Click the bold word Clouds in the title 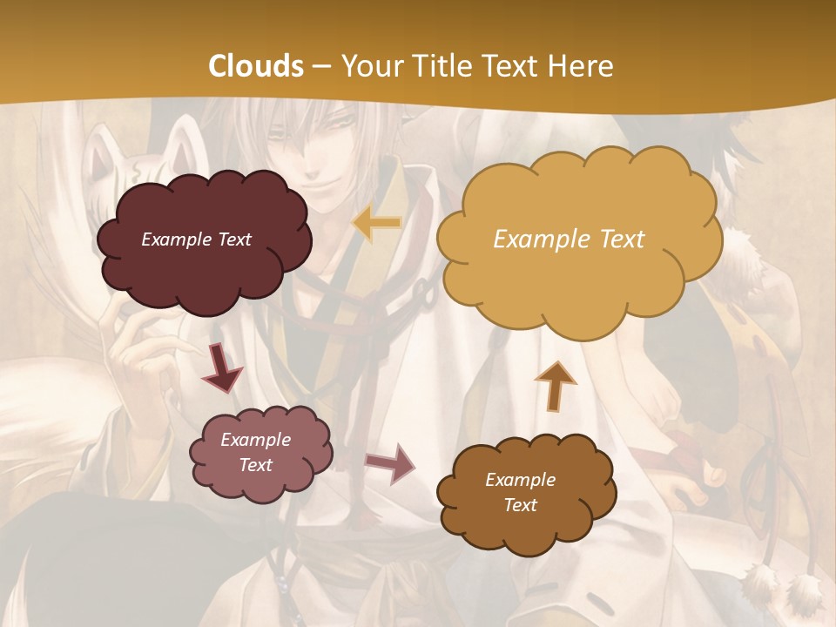coord(256,66)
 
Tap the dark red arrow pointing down coord(221,368)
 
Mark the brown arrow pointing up coord(556,385)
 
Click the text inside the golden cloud coord(569,239)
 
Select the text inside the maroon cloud coord(196,239)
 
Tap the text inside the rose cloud coord(255,452)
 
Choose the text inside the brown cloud coord(520,492)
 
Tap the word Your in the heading coord(369,66)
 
